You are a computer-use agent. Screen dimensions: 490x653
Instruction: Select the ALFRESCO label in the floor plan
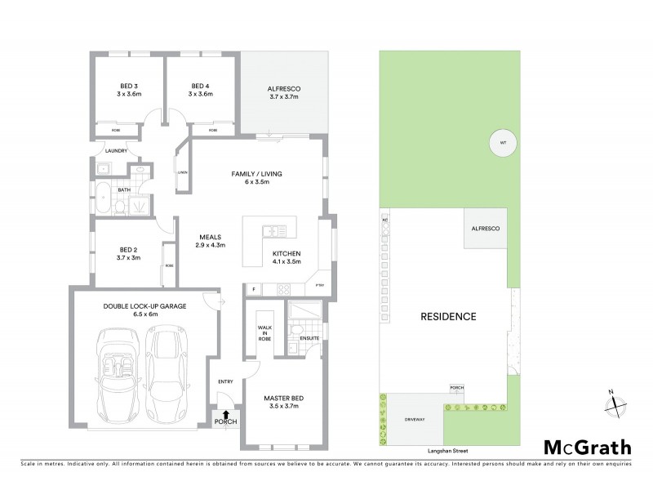tap(286, 91)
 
